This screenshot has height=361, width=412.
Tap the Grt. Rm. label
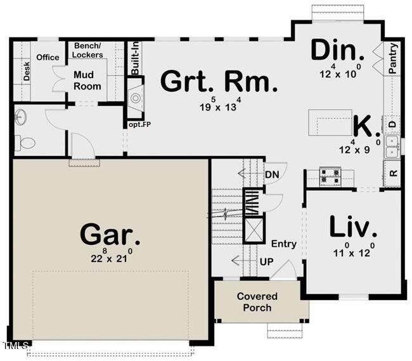click(x=219, y=82)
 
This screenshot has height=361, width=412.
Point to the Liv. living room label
click(x=353, y=226)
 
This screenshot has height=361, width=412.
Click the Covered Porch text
click(x=257, y=302)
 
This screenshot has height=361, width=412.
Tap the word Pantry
click(x=393, y=58)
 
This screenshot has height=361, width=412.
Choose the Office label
click(x=48, y=57)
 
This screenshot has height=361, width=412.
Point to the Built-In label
click(x=135, y=58)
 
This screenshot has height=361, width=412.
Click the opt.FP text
click(x=139, y=125)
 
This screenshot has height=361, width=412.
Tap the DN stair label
click(x=273, y=174)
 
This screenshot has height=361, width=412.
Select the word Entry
click(x=283, y=244)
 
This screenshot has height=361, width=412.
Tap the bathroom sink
click(x=20, y=117)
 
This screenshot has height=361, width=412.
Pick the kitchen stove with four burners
click(x=330, y=175)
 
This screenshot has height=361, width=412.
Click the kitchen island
click(x=330, y=122)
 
